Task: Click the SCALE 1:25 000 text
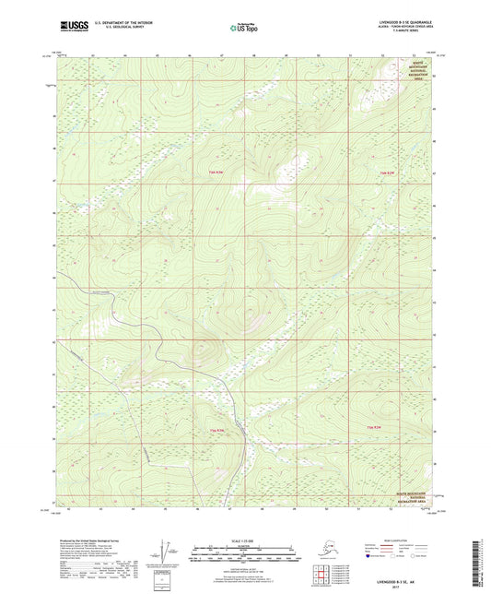(x=244, y=540)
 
